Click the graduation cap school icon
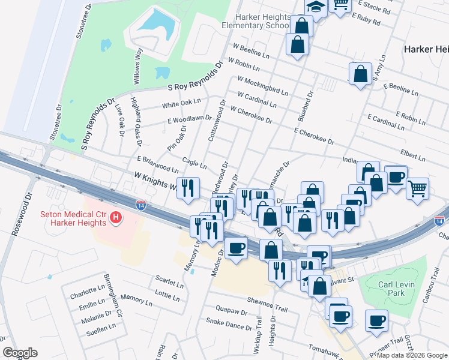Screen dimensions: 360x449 [315, 6]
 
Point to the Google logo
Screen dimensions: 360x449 [20, 353]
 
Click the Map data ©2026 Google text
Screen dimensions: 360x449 [411, 355]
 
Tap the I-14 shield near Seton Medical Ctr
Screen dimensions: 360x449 [141, 205]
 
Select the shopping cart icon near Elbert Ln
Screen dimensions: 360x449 [417, 188]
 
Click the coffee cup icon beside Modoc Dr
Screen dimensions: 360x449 [236, 248]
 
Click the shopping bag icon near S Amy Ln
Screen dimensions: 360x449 [360, 75]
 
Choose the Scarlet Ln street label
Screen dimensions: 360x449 [169, 281]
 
